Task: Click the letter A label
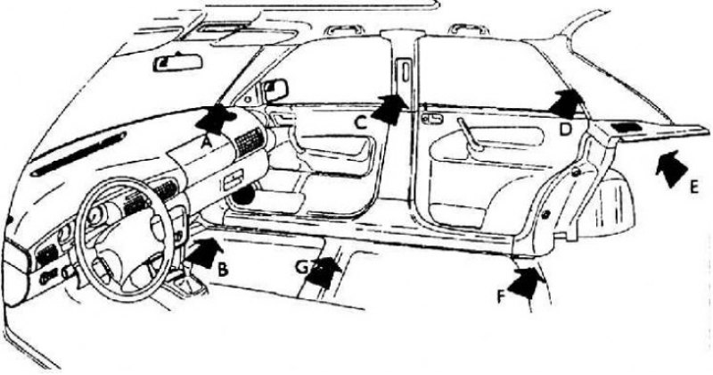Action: pos(207,143)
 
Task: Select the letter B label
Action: pos(222,270)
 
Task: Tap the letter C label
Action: pos(360,122)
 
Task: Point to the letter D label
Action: pos(565,129)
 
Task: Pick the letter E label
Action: pos(694,187)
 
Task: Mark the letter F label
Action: pos(500,296)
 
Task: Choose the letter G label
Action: pos(302,267)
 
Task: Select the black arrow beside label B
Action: pos(205,253)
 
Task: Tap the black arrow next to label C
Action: pos(389,109)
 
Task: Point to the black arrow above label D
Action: pos(567,104)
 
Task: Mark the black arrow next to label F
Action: pos(526,282)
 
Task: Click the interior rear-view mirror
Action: pos(177,62)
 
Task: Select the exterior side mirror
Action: pos(275,90)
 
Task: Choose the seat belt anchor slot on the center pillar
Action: pos(404,71)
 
